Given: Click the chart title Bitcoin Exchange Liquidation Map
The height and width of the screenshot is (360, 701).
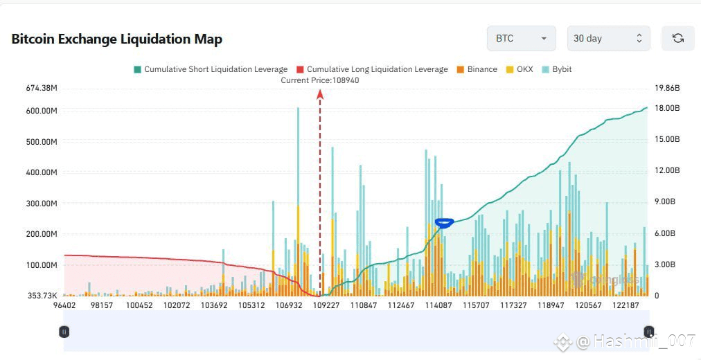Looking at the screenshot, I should [x=117, y=39].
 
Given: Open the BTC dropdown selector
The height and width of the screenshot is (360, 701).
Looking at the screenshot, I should [x=521, y=38].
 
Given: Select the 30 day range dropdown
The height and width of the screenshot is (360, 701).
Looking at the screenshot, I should [x=608, y=38].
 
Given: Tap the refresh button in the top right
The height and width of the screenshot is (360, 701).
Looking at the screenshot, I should [x=677, y=38].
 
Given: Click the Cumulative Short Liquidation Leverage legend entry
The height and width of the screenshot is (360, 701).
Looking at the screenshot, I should [x=210, y=69].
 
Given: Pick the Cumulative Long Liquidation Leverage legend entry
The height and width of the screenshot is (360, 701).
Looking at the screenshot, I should [x=372, y=69].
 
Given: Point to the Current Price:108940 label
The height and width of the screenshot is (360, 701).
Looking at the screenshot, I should [x=320, y=80].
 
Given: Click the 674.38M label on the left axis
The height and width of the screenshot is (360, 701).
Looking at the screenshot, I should [x=41, y=88].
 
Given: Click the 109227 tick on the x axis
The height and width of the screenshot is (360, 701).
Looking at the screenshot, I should [x=326, y=305].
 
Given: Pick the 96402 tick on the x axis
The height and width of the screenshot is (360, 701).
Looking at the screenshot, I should [x=64, y=305].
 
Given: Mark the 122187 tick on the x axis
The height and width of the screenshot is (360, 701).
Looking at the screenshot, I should [x=625, y=305].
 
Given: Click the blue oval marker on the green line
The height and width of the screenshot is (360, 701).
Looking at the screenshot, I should [x=444, y=222].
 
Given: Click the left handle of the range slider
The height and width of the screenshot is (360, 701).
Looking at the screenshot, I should [x=64, y=332].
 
